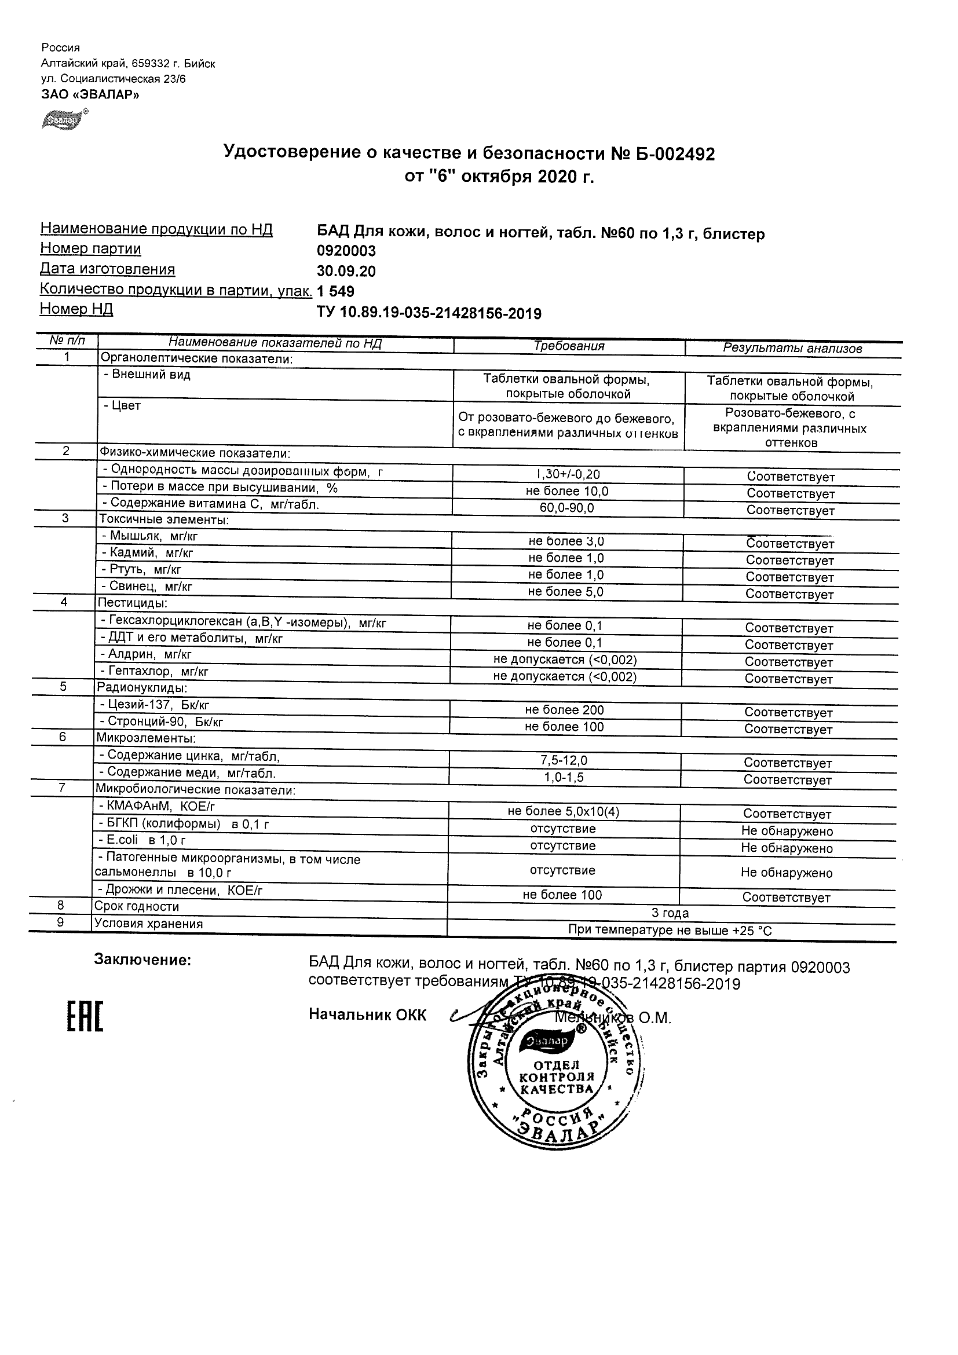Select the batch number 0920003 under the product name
(346, 251)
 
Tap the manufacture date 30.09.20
(346, 272)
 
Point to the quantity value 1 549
(335, 291)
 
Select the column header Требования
(568, 346)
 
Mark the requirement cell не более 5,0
(565, 592)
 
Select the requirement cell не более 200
(564, 710)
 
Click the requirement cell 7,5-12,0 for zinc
(564, 761)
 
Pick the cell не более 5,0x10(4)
(563, 812)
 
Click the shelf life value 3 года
(670, 913)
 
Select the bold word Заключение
(142, 960)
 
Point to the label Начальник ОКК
(367, 1015)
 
